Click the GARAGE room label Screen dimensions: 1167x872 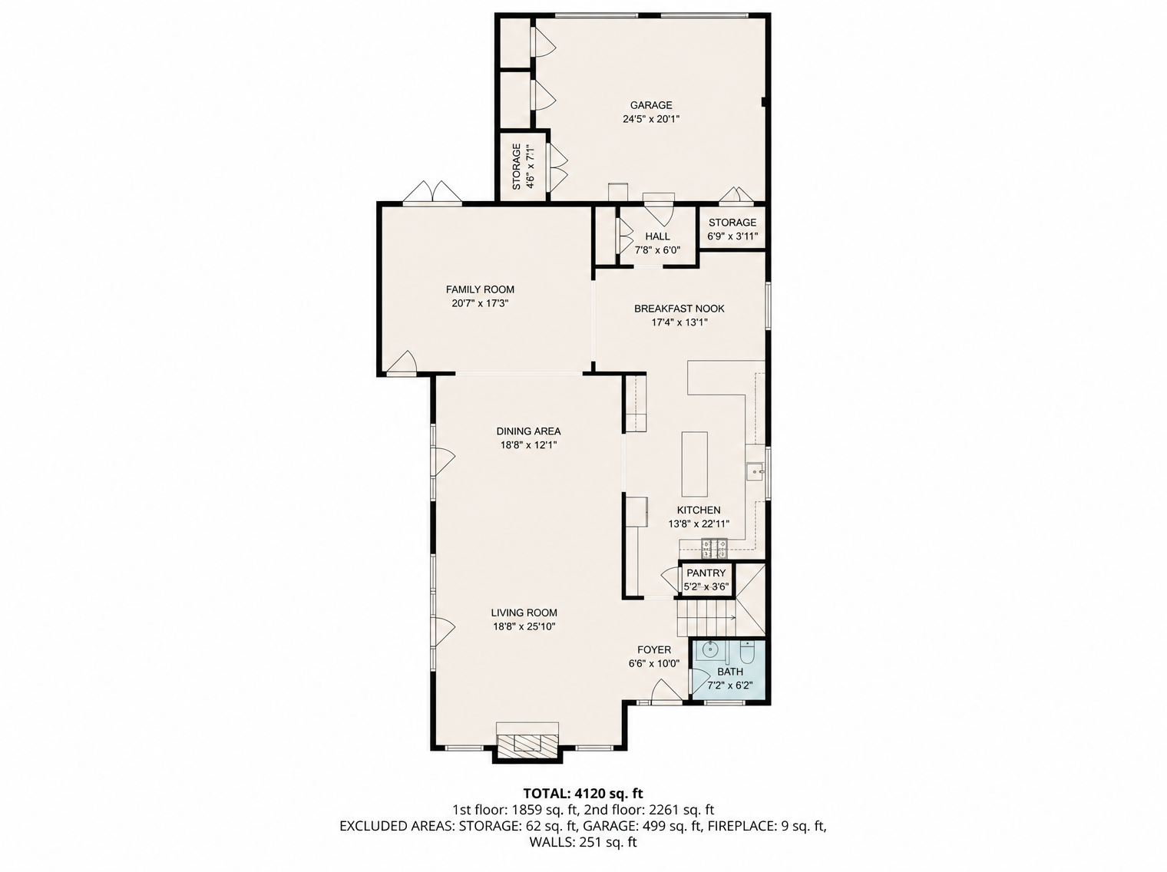[651, 105]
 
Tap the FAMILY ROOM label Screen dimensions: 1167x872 [480, 289]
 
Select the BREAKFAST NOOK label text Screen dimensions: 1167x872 [679, 309]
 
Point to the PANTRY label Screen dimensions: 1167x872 [706, 573]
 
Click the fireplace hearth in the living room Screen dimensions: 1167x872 [527, 743]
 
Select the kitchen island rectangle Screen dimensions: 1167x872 [694, 464]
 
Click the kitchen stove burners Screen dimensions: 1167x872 [714, 550]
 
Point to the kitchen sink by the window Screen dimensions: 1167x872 [755, 471]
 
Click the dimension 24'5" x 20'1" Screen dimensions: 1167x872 [651, 119]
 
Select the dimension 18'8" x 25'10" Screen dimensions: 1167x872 [524, 626]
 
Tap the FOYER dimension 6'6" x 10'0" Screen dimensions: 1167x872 [654, 664]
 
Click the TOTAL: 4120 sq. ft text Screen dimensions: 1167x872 [583, 794]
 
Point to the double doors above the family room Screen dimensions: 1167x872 [432, 192]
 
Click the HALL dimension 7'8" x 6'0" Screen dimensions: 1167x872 [657, 250]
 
